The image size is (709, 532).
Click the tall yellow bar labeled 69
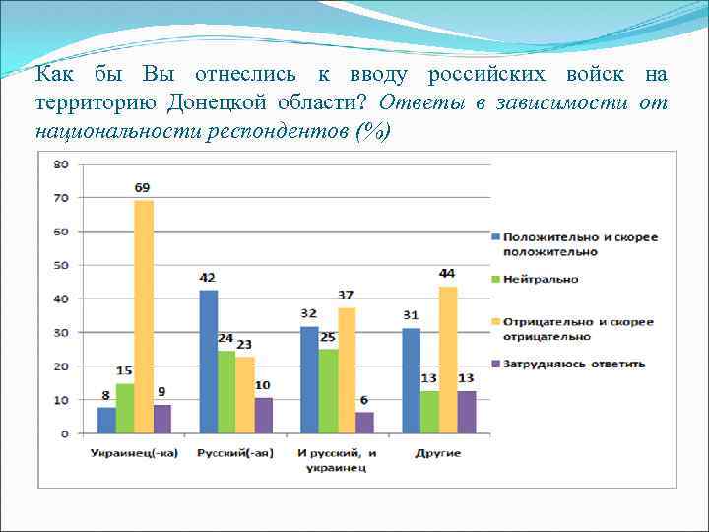pos(145,316)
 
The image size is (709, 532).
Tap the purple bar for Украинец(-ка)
pos(162,418)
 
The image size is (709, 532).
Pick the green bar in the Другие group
pos(429,412)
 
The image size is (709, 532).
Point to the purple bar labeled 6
pos(364,422)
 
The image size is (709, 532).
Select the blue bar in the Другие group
pos(411,380)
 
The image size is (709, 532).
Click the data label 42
pos(209,279)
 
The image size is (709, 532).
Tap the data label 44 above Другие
pos(448,273)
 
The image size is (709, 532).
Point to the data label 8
pos(107,396)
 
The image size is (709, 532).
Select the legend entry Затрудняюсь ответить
pos(574,364)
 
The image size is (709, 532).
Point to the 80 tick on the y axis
pos(61,165)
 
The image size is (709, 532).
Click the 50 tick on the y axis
pos(61,265)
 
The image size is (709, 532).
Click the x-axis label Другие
pos(438,452)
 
